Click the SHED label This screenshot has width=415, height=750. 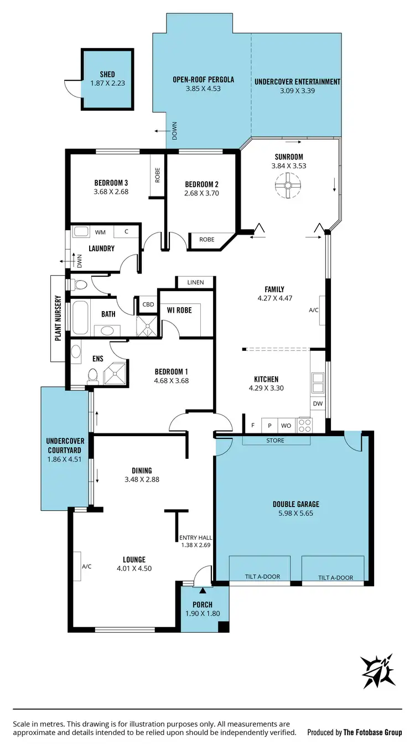(x=107, y=75)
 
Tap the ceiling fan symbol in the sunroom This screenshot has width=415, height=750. (x=288, y=185)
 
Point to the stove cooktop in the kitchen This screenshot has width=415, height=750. (x=305, y=425)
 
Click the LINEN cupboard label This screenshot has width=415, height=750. (x=195, y=282)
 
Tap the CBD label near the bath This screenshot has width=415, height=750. (x=148, y=304)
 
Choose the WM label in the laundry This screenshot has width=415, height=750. (x=101, y=232)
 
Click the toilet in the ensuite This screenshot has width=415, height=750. (x=92, y=376)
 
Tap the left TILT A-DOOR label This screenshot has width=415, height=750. (x=262, y=577)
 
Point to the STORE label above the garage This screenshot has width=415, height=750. (x=275, y=441)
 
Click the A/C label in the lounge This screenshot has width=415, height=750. (x=87, y=567)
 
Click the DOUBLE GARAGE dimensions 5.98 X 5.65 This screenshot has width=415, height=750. (x=296, y=513)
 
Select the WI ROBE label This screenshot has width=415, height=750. (x=180, y=311)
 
